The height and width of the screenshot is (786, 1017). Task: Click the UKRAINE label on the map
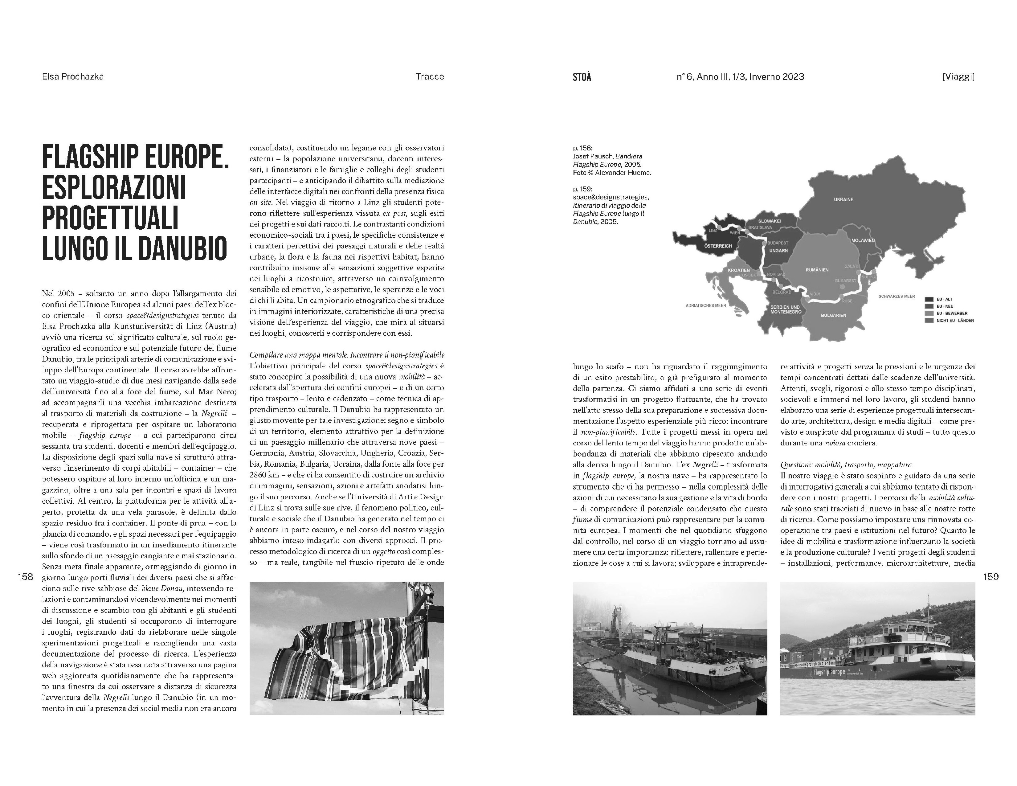point(843,199)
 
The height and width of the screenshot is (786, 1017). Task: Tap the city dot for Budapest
point(764,243)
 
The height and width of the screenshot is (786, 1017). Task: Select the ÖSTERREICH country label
point(718,246)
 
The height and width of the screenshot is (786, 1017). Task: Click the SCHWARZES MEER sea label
point(897,296)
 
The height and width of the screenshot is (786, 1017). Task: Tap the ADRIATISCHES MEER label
point(706,306)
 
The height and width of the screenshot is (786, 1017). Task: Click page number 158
point(26,576)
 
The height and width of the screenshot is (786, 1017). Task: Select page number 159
point(991,576)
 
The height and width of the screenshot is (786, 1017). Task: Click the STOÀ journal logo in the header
point(582,77)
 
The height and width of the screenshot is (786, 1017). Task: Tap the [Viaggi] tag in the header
point(958,77)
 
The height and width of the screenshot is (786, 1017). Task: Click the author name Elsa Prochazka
point(73,77)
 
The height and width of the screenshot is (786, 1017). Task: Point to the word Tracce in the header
point(430,77)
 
